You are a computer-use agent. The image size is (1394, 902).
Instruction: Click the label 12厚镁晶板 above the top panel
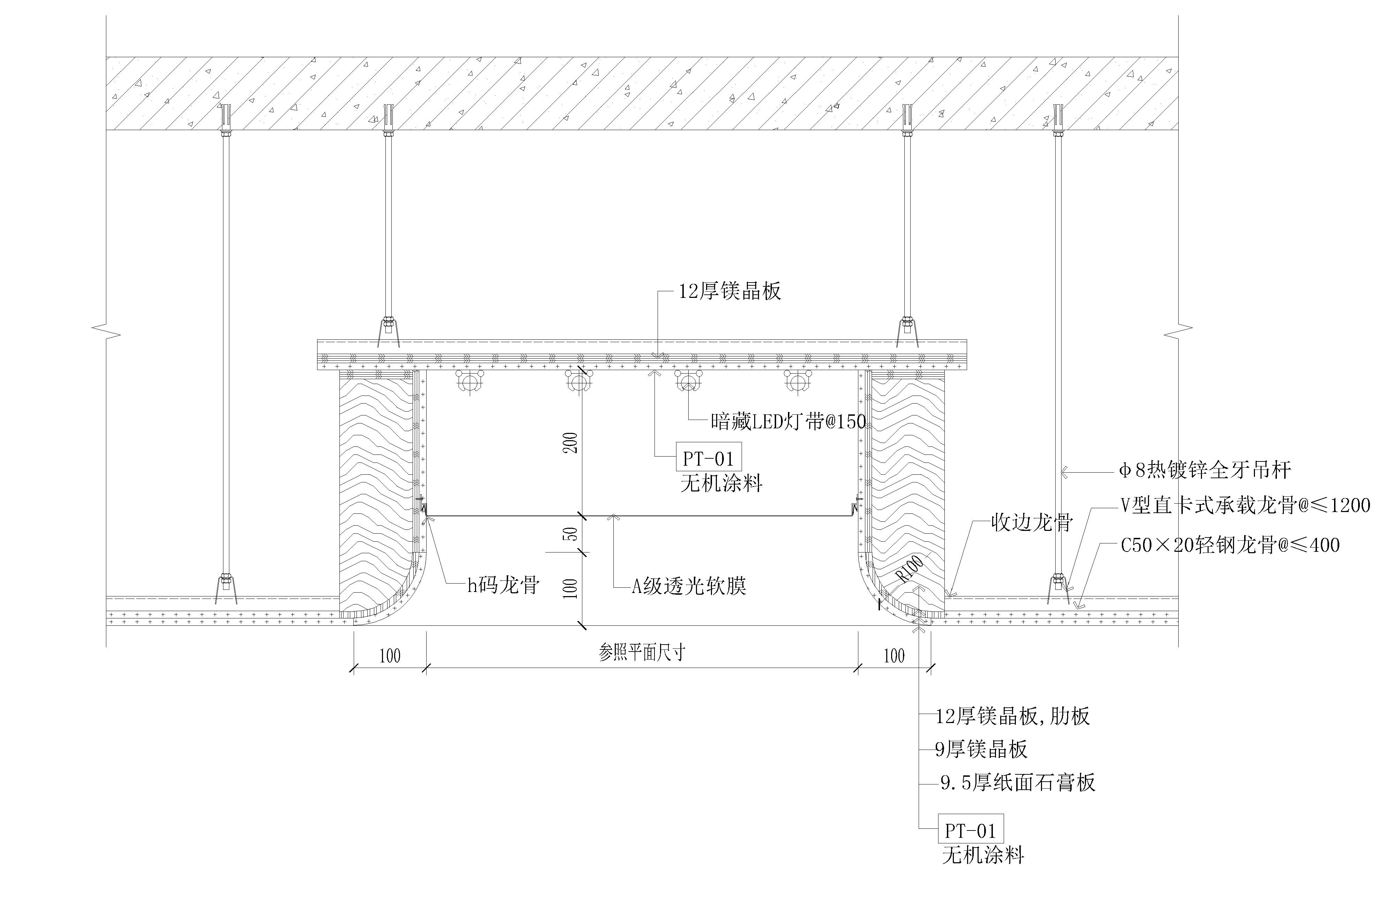click(x=729, y=291)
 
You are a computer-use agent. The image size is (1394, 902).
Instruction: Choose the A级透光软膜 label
click(x=689, y=586)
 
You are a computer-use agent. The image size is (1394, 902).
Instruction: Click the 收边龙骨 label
click(x=1032, y=523)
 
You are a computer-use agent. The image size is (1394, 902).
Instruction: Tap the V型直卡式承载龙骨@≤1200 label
click(x=1245, y=505)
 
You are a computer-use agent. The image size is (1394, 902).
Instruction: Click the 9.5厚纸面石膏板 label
click(x=1018, y=782)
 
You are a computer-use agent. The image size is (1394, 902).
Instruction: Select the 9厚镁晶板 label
click(x=981, y=749)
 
